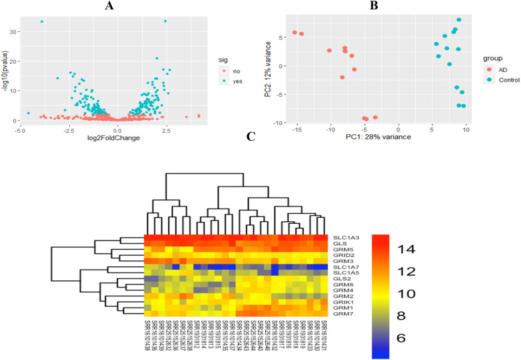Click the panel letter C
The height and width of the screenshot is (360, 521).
pos(250,137)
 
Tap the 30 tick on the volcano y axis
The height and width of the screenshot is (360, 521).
pos(14,30)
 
